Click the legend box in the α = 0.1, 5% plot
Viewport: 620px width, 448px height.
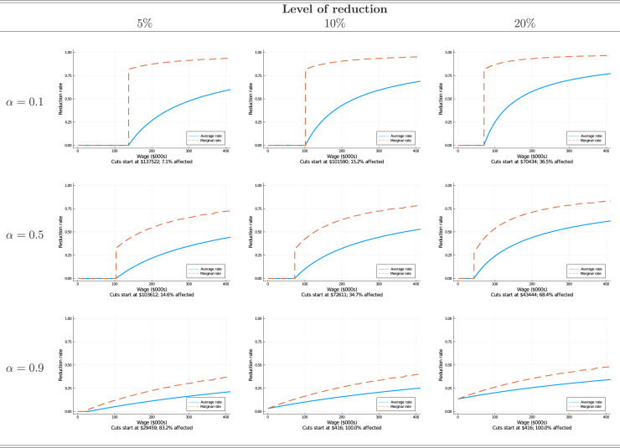click(204, 137)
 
